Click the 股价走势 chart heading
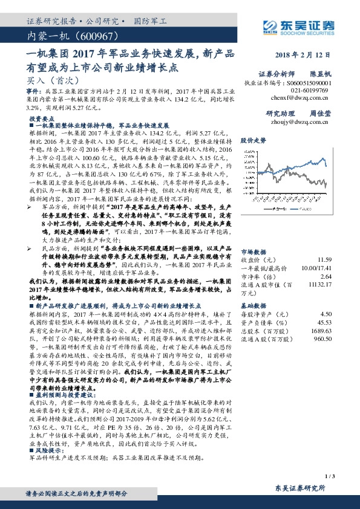click(254, 140)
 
